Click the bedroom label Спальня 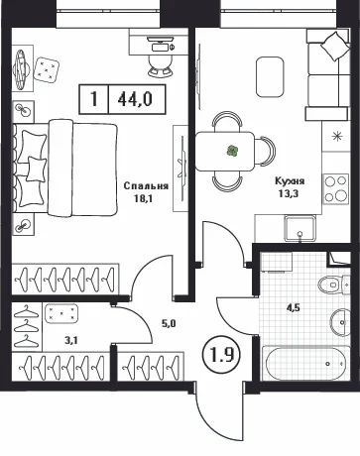click(x=146, y=186)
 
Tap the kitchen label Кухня click(x=290, y=181)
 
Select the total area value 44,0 click(x=135, y=99)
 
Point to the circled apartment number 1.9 click(x=222, y=355)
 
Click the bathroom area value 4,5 click(x=294, y=308)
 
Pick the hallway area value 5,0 click(x=169, y=323)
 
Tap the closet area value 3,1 click(x=71, y=340)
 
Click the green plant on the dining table click(x=233, y=151)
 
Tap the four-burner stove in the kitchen click(x=336, y=189)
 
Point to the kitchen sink click(x=300, y=229)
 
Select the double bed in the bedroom click(x=65, y=169)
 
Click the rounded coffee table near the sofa click(x=270, y=77)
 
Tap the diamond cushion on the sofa click(x=335, y=47)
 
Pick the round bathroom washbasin click(x=340, y=322)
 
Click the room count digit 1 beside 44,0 click(x=94, y=99)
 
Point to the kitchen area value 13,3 click(x=289, y=193)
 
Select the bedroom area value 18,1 click(x=144, y=198)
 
